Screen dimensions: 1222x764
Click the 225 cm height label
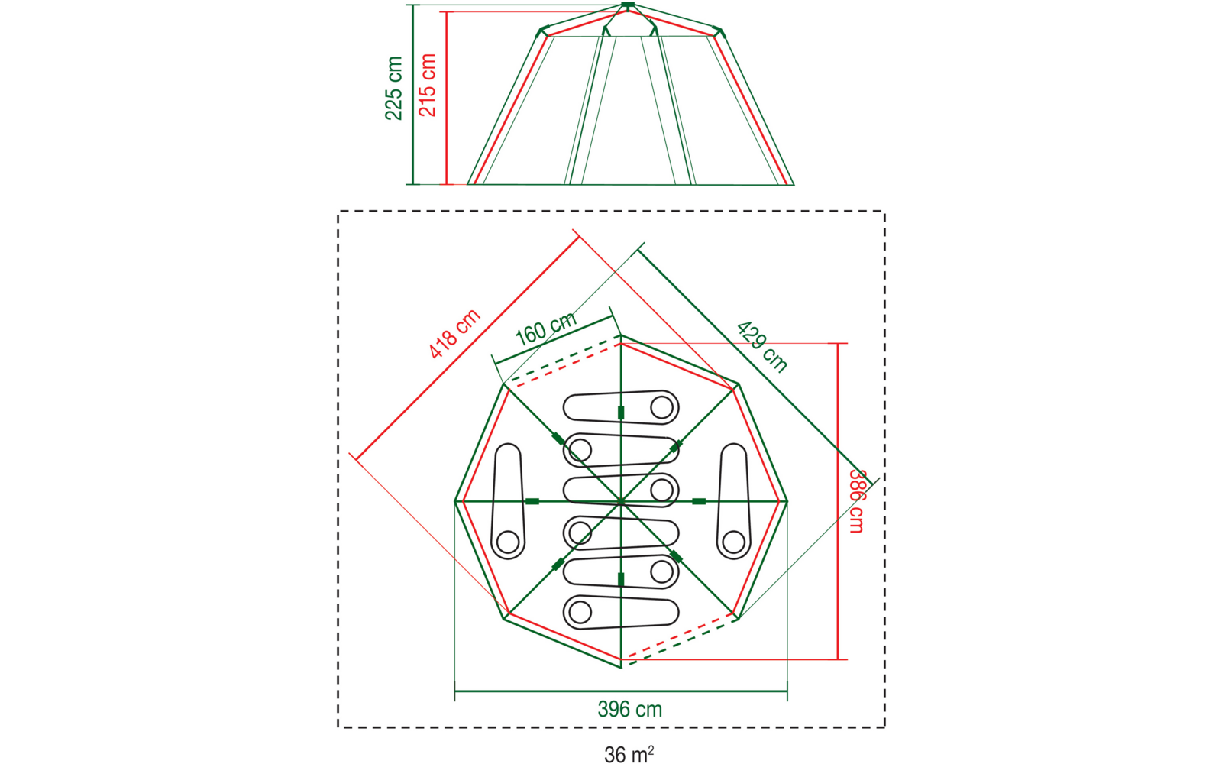tap(393, 88)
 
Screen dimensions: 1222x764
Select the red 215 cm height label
tap(427, 85)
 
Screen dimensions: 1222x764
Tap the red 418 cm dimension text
tap(454, 333)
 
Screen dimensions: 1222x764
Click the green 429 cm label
tap(761, 347)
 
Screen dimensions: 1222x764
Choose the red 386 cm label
tap(856, 501)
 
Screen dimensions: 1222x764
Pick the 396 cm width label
tap(629, 710)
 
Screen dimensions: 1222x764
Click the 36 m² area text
tap(629, 754)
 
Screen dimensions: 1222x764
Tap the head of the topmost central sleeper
tap(661, 408)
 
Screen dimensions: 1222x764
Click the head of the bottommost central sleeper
tap(580, 612)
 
